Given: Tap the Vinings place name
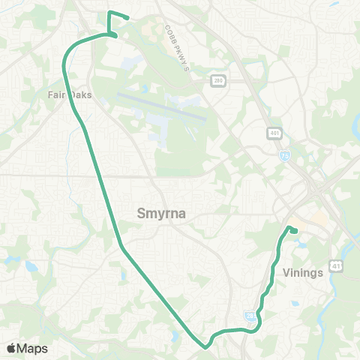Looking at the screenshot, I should click(x=303, y=273).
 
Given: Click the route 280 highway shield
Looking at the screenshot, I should click(x=217, y=81).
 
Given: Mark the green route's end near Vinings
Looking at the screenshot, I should click(x=295, y=231).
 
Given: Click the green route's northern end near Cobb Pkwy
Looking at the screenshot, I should click(x=127, y=18).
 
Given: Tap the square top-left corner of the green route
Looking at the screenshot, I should click(x=109, y=13).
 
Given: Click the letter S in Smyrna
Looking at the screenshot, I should click(x=141, y=214).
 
